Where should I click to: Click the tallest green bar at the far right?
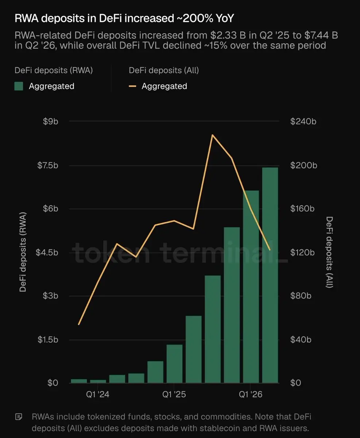270,275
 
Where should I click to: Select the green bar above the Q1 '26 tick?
251,287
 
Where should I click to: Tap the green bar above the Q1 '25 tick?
174,364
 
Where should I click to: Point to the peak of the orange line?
213,135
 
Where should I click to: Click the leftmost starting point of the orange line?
79,324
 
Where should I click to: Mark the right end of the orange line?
270,250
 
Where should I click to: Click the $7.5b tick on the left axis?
48,165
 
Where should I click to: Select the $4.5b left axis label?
47,253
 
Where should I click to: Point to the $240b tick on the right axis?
303,122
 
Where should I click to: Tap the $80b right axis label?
301,296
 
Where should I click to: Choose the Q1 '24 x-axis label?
97,395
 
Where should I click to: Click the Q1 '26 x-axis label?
251,395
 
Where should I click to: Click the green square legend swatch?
19,86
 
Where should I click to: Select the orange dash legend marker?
132,86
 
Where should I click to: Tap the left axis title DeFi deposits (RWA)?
23,252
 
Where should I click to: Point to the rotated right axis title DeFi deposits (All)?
329,252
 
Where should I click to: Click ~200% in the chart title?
195,18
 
